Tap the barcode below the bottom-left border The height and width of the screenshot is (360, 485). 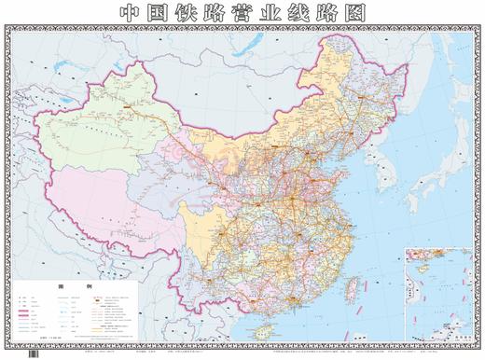click(x=35, y=353)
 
